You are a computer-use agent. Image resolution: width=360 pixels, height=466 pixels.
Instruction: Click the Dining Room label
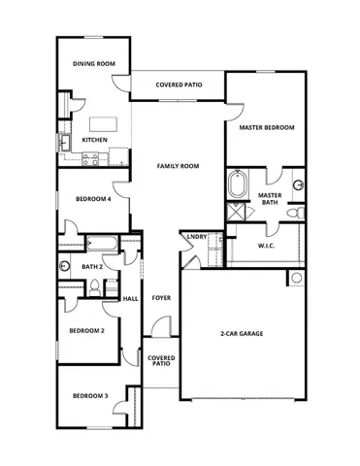pyautogui.click(x=94, y=64)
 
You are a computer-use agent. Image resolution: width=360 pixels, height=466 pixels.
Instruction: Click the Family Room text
pyautogui.click(x=178, y=166)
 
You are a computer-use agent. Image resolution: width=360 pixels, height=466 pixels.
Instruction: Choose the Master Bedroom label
pyautogui.click(x=267, y=127)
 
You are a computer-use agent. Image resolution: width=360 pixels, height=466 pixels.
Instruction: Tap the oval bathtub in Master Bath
pyautogui.click(x=236, y=184)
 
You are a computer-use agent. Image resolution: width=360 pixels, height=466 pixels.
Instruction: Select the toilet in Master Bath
pyautogui.click(x=299, y=212)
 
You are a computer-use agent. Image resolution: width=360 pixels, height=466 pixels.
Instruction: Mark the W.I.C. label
pyautogui.click(x=268, y=246)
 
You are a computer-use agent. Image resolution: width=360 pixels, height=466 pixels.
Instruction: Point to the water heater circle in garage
pyautogui.click(x=296, y=279)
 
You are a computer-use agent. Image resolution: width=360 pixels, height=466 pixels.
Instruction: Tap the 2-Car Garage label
pyautogui.click(x=242, y=333)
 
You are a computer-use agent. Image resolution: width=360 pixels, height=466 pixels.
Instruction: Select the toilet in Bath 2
pyautogui.click(x=95, y=287)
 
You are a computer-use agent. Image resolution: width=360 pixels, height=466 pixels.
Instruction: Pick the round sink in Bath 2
pyautogui.click(x=64, y=265)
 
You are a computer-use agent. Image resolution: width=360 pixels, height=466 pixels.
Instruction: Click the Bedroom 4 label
pyautogui.click(x=93, y=199)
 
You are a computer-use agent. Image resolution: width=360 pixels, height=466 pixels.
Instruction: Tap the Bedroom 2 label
pyautogui.click(x=86, y=330)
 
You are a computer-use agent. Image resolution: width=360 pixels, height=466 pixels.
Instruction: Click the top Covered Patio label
pyautogui.click(x=179, y=84)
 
